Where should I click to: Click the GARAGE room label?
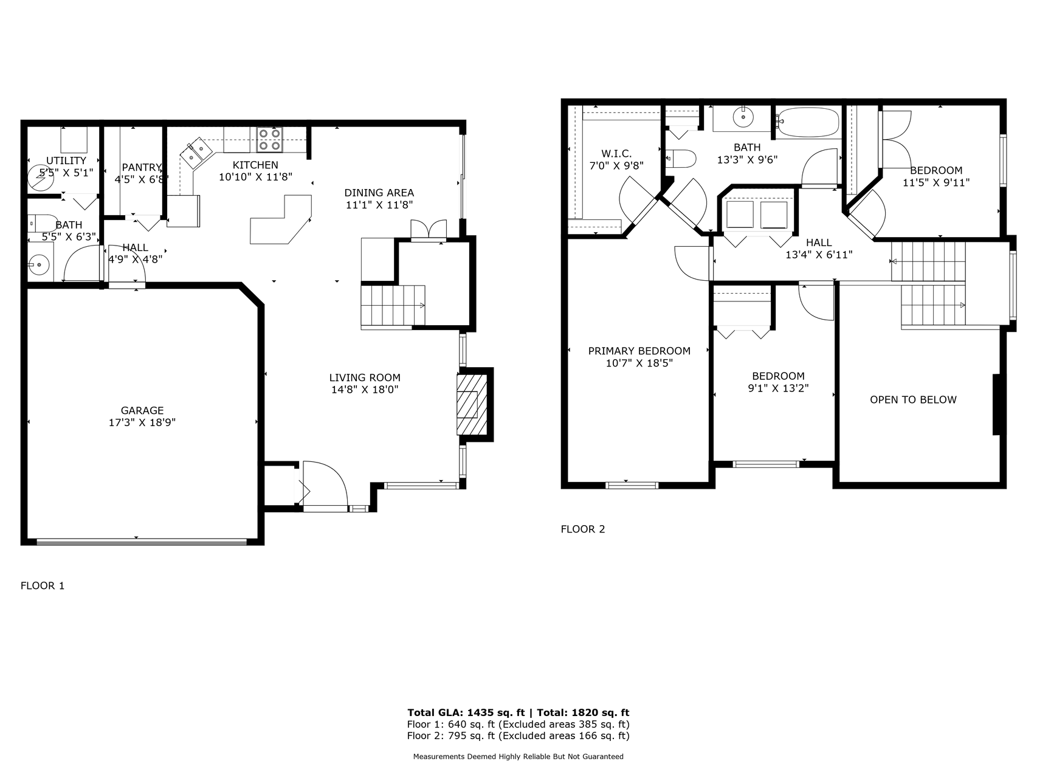point(142,411)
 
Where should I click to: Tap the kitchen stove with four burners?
point(269,139)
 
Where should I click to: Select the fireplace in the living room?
point(472,405)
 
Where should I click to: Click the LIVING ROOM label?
point(365,378)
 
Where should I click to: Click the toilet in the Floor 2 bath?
point(681,159)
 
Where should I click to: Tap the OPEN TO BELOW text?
point(913,400)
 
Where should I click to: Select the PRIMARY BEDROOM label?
point(639,351)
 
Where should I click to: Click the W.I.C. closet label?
point(616,154)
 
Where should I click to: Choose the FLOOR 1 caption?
point(43,586)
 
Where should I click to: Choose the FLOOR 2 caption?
point(583,529)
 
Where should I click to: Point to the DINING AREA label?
point(379,193)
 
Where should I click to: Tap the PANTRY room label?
point(141,168)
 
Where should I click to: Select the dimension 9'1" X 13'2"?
point(778,388)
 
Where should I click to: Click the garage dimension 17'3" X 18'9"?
point(142,422)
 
